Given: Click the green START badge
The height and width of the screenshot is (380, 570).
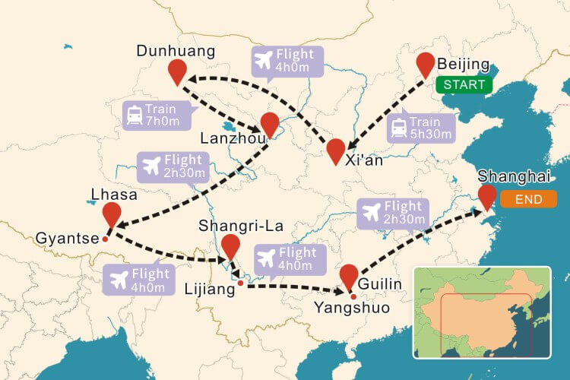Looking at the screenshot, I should [x=464, y=84].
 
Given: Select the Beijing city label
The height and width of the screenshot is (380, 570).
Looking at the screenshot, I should [x=464, y=64].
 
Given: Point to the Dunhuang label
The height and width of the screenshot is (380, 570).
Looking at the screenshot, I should [x=176, y=51].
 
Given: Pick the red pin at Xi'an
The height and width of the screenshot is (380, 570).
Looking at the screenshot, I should [x=336, y=150].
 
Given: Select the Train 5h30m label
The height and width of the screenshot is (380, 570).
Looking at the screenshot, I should [x=420, y=128].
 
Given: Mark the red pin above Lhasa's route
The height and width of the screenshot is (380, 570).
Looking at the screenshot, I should [x=112, y=215].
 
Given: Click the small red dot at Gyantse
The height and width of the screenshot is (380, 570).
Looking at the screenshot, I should [x=106, y=239].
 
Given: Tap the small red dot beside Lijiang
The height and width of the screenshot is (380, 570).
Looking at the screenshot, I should [x=240, y=283].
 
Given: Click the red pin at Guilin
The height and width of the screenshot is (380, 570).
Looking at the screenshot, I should [x=349, y=277].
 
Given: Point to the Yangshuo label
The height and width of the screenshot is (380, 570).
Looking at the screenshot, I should [x=352, y=307].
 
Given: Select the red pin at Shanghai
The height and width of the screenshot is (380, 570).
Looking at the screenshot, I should [x=486, y=196].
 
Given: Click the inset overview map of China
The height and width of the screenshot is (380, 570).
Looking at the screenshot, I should [x=482, y=312].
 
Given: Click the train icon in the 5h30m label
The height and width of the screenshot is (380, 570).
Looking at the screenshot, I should [x=398, y=128].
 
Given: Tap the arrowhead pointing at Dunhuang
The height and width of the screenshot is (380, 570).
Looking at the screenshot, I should [x=191, y=78].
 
